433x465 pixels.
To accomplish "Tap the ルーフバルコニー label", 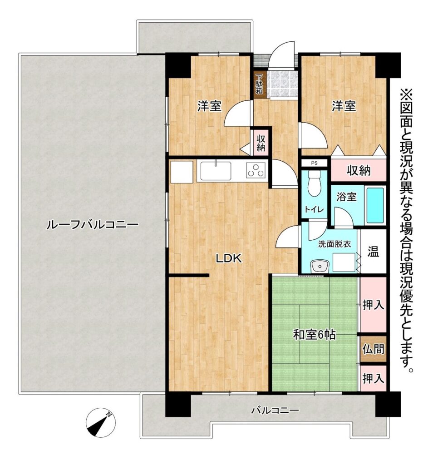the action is click(x=92, y=225).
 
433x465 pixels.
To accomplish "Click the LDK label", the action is click(x=228, y=258).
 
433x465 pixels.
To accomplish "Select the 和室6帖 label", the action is click(x=314, y=335).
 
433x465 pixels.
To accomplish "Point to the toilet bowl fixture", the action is click(x=314, y=184).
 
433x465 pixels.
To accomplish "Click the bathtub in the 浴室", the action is click(x=375, y=205).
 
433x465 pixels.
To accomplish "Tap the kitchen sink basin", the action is click(x=216, y=171).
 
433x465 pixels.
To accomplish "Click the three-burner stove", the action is click(x=256, y=171).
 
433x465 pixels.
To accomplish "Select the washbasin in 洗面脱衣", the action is click(x=320, y=266).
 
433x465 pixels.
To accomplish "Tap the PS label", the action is click(x=314, y=163).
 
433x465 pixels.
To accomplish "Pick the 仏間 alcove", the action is click(x=373, y=349).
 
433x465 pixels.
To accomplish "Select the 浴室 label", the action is click(x=346, y=197).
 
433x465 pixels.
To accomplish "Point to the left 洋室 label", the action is click(x=210, y=106).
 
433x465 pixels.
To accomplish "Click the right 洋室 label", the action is click(x=344, y=106).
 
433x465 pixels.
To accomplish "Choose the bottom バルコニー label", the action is click(x=275, y=411).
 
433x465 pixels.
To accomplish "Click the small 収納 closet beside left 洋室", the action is click(x=261, y=143).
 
